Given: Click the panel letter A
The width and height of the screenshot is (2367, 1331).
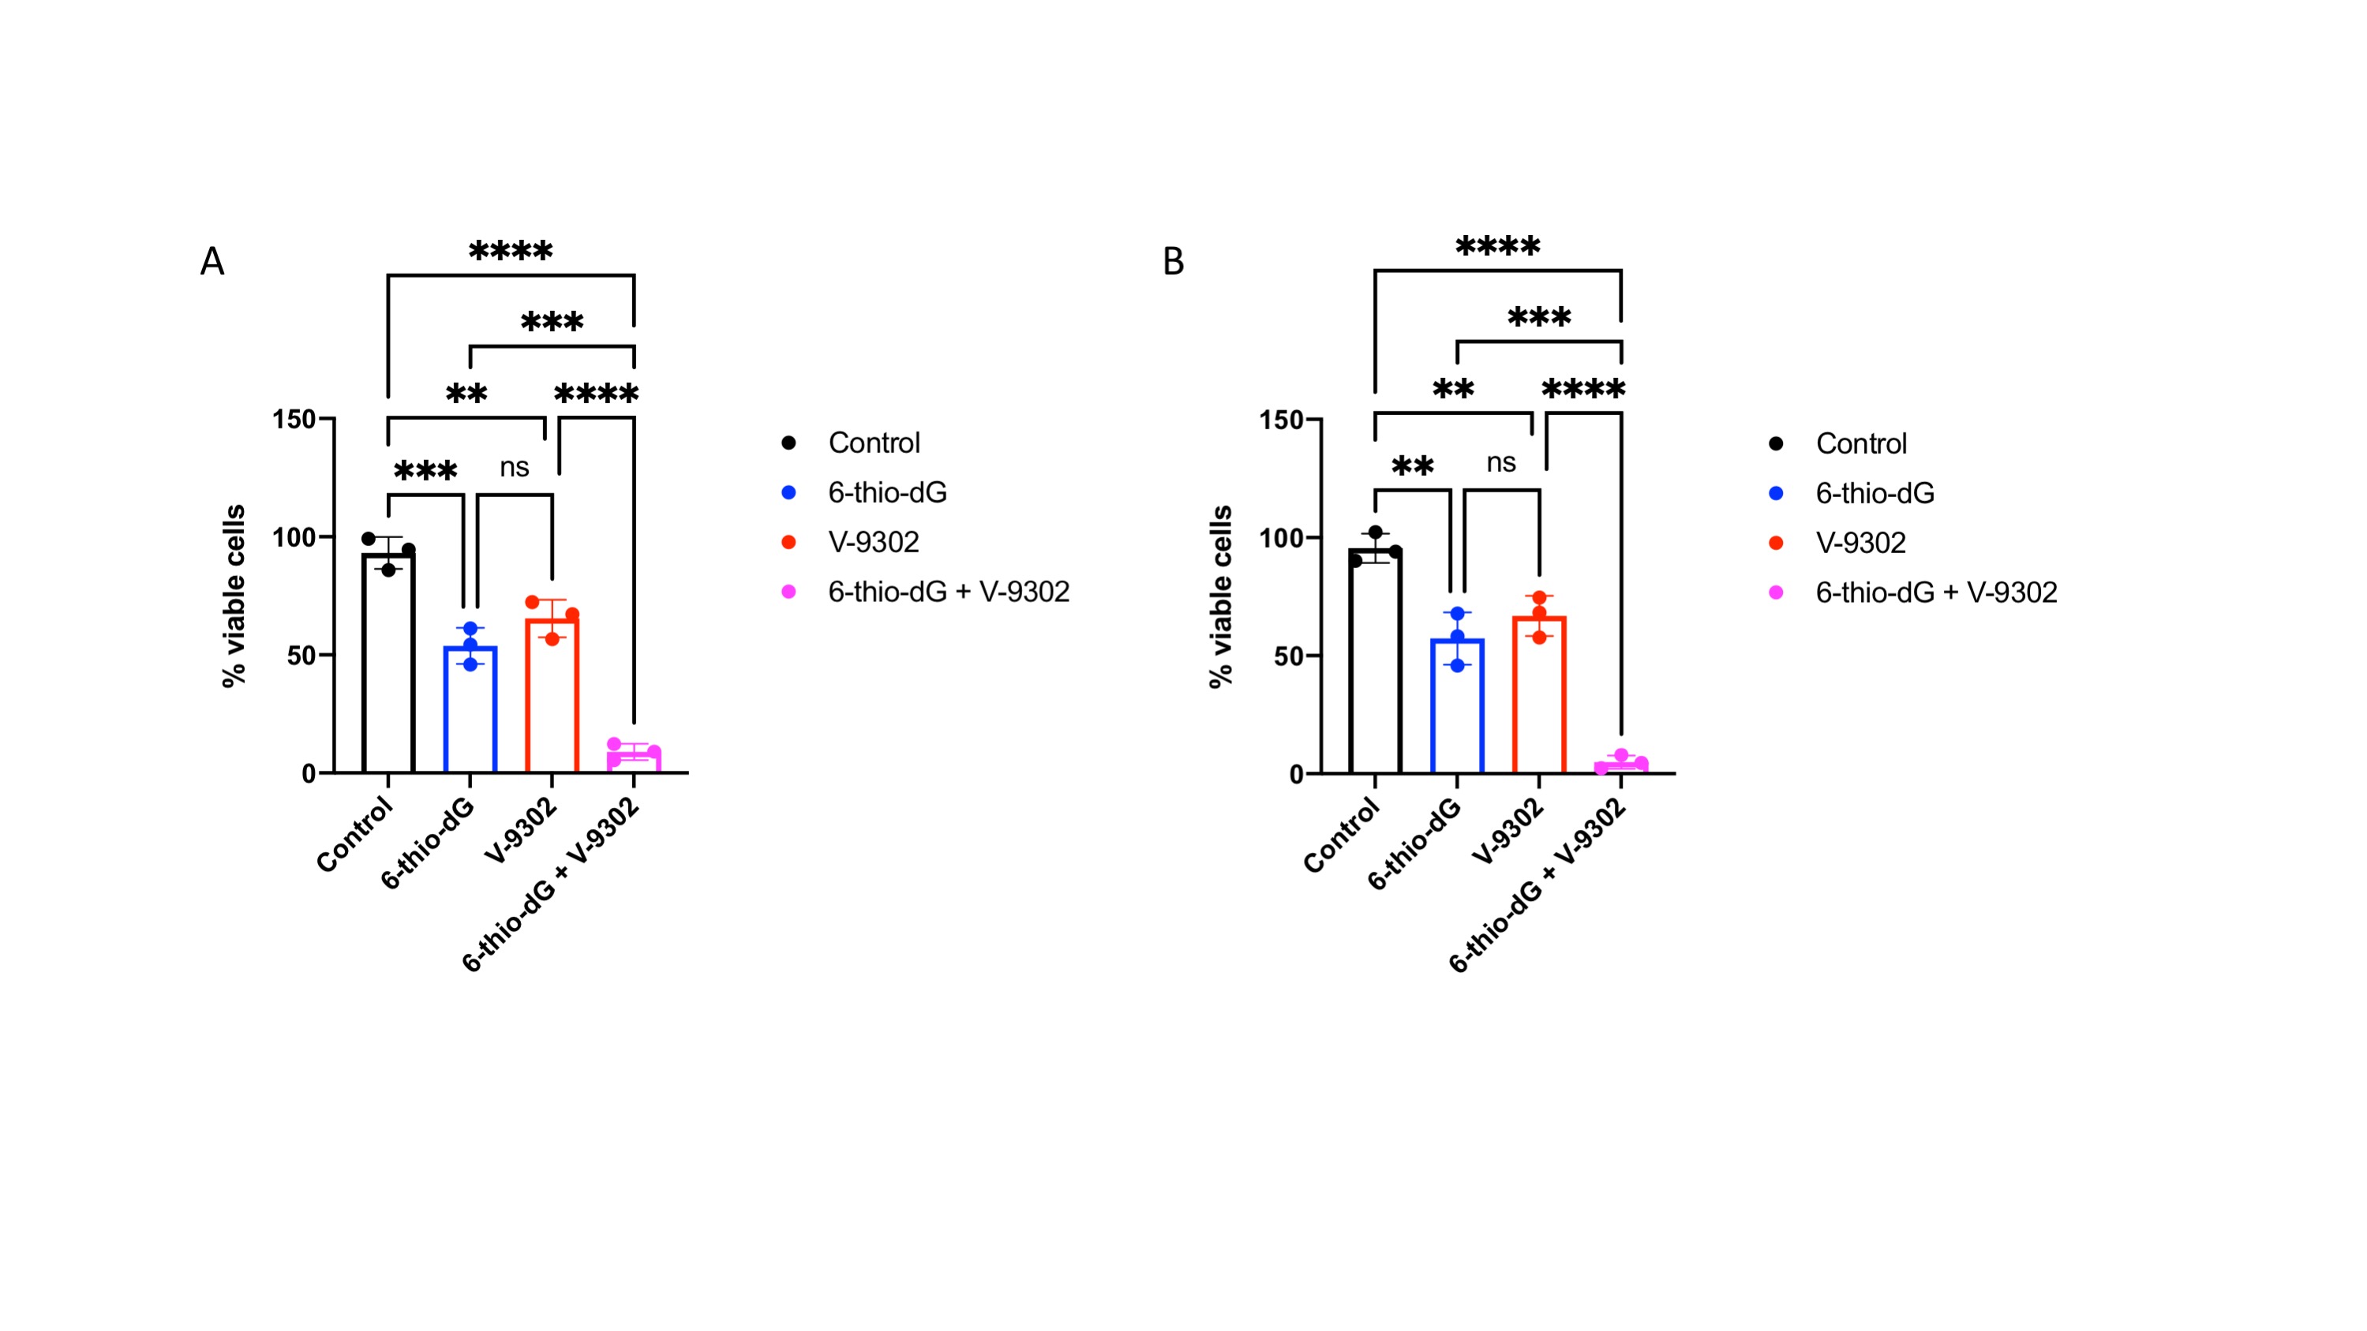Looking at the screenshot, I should (212, 262).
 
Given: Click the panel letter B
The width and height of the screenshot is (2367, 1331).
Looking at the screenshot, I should (1174, 262).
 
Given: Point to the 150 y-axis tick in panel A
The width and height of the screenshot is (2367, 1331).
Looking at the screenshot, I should (294, 419).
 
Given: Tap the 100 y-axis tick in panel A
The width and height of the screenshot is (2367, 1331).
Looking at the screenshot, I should (294, 537).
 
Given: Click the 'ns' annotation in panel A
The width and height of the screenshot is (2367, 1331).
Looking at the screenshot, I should (515, 468).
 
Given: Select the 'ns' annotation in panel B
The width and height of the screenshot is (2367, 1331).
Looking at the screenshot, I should (1501, 463).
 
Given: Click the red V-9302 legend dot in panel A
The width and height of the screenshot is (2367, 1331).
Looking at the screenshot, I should (788, 542).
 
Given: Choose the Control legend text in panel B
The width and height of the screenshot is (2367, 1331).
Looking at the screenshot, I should (1861, 443).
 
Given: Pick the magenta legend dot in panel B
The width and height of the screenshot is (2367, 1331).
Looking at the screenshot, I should (1776, 593).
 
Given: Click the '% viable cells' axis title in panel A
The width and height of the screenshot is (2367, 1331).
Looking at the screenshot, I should (234, 595).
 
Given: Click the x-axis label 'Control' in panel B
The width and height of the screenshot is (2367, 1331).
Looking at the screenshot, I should (1342, 835).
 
